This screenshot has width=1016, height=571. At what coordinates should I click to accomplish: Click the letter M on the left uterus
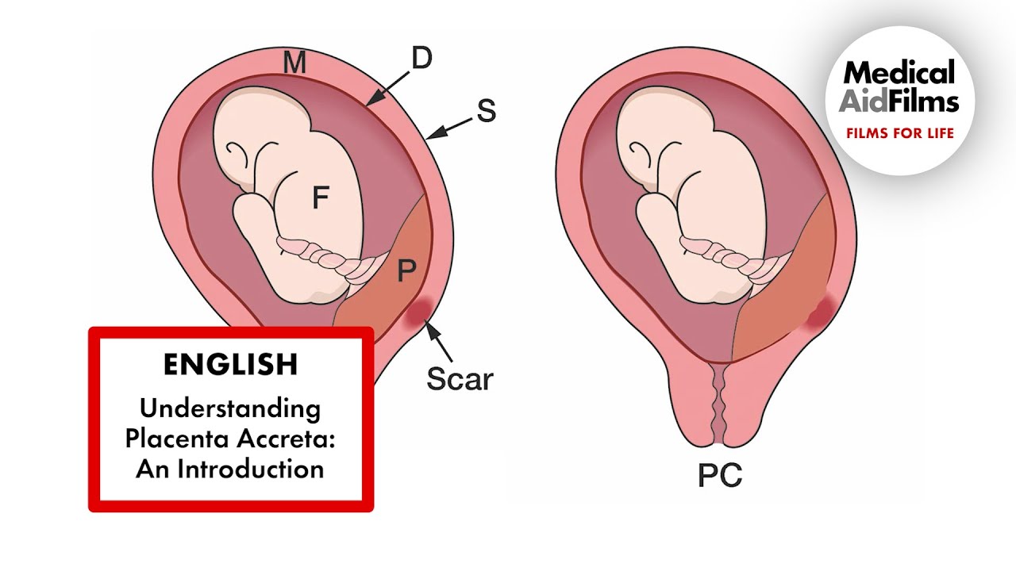pyautogui.click(x=294, y=63)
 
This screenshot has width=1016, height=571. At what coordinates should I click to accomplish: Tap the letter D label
pyautogui.click(x=421, y=57)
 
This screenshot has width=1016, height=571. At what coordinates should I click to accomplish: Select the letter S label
pyautogui.click(x=487, y=111)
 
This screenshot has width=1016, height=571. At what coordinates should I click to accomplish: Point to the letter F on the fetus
pyautogui.click(x=320, y=197)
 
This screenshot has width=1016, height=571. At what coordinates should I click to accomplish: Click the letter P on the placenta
pyautogui.click(x=406, y=272)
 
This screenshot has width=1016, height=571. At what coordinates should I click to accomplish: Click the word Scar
pyautogui.click(x=460, y=378)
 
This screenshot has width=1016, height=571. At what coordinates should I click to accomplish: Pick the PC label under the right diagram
pyautogui.click(x=720, y=475)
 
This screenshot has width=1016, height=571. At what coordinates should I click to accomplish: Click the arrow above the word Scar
pyautogui.click(x=438, y=339)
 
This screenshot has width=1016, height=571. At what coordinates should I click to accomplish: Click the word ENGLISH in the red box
pyautogui.click(x=230, y=364)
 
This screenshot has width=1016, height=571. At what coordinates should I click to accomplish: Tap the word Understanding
pyautogui.click(x=230, y=409)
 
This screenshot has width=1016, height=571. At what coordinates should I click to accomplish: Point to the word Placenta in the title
pyautogui.click(x=172, y=439)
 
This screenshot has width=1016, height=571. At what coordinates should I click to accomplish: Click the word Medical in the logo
pyautogui.click(x=899, y=74)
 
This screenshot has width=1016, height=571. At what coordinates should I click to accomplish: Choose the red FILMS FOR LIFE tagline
pyautogui.click(x=899, y=132)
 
